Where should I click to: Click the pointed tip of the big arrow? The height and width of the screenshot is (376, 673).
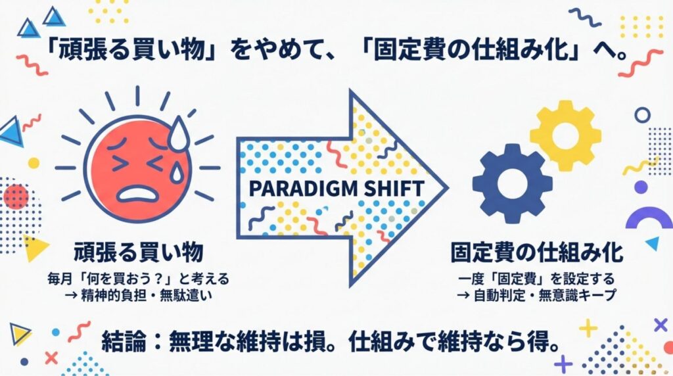pos(446,189)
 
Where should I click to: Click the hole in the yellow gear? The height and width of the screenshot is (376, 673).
pos(565,134)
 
